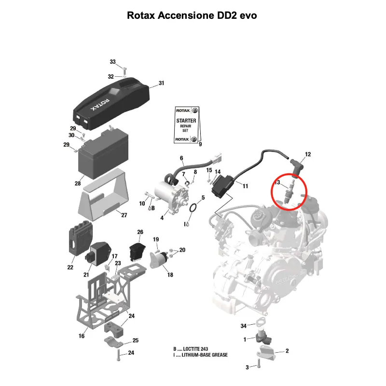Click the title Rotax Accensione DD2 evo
193,15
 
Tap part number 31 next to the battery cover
161,83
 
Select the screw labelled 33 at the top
124,69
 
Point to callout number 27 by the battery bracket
124,215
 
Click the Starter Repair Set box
186,126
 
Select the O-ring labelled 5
193,208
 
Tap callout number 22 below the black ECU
70,267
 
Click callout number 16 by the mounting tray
82,336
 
